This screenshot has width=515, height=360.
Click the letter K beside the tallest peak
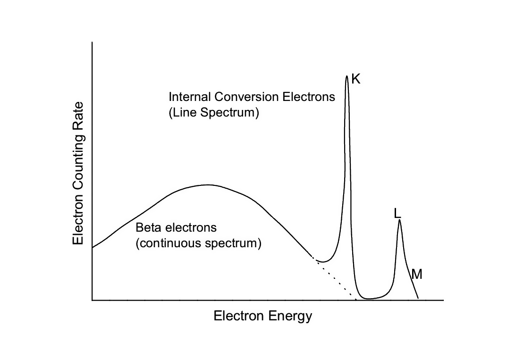(x=356, y=79)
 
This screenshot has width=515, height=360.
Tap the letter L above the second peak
(x=397, y=213)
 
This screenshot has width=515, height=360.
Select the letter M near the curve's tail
(x=417, y=273)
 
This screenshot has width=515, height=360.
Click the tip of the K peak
(x=346, y=76)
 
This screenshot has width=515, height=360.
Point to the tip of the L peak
(x=399, y=220)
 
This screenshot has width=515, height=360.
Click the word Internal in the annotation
(x=190, y=97)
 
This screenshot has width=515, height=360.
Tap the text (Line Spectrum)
(x=214, y=114)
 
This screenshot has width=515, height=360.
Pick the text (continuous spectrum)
(x=198, y=244)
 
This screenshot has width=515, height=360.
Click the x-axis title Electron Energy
(x=263, y=316)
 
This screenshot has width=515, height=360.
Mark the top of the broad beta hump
(x=208, y=184)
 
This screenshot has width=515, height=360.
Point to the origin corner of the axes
(x=92, y=300)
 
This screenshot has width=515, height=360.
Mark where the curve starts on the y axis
(x=93, y=247)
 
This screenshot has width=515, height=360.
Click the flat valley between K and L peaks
(x=373, y=298)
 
